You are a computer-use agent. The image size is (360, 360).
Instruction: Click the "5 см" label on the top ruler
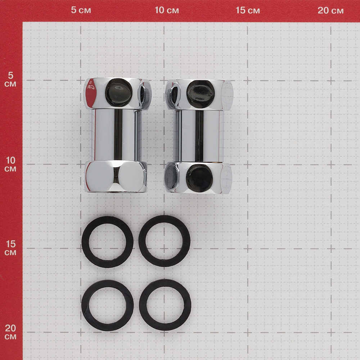pyautogui.click(x=81, y=10)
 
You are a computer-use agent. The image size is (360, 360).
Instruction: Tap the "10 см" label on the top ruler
pyautogui.click(x=167, y=10)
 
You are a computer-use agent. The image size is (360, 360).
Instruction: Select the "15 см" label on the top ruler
pyautogui.click(x=248, y=10)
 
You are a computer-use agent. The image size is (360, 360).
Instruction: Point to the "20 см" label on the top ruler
pyautogui.click(x=330, y=10)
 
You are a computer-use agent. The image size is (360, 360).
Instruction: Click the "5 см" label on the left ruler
pyautogui.click(x=10, y=80)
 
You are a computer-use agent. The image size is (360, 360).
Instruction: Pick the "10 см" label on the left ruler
pyautogui.click(x=10, y=164)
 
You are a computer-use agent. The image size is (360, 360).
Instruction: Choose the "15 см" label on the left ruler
pyautogui.click(x=10, y=248)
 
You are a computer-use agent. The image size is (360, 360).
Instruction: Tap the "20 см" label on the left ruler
pyautogui.click(x=10, y=332)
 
